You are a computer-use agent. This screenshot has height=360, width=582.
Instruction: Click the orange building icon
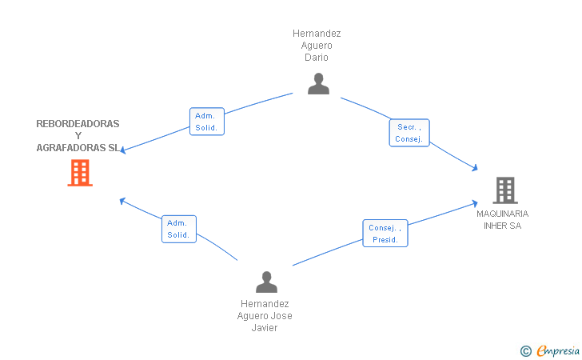coord(80,173)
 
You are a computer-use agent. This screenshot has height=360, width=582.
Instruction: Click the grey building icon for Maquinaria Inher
coord(505,190)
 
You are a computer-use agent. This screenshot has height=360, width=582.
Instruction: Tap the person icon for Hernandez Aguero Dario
coord(318,83)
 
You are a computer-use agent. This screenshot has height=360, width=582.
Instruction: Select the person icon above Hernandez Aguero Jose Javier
coord(266,282)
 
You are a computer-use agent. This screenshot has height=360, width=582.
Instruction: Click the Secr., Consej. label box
coord(409,133)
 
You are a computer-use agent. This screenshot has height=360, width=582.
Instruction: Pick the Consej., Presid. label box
coord(385,234)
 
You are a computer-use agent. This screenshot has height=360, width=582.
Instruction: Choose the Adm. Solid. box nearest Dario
coord(207,122)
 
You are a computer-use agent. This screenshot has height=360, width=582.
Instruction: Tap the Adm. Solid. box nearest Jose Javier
coord(179,229)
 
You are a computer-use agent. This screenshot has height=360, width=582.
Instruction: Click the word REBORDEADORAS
coord(78,124)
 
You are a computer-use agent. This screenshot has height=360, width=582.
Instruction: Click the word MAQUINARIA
coord(502,214)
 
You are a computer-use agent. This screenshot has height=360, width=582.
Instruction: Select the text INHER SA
coord(502,226)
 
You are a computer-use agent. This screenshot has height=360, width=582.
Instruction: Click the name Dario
coord(317,58)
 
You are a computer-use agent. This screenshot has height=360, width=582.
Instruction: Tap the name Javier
coord(265,328)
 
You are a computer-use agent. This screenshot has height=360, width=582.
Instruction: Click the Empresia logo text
coord(558,350)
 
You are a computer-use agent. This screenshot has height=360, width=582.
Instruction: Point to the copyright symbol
coord(525,351)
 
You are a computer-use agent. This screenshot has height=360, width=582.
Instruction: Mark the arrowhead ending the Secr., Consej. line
coord(476,168)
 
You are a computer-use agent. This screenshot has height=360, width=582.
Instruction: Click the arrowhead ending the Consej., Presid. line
coord(475,203)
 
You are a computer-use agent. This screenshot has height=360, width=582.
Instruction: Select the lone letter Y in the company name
coord(78,136)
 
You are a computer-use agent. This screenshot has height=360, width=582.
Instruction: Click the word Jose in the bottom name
coord(283,316)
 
